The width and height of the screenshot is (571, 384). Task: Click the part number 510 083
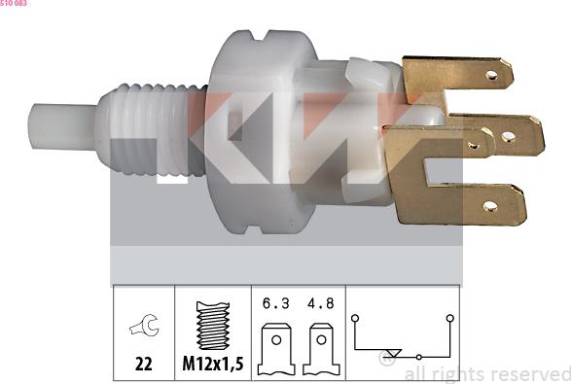(x=14, y=4)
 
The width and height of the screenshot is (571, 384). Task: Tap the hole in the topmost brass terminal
(x=492, y=74)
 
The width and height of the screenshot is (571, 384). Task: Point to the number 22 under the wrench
(x=143, y=365)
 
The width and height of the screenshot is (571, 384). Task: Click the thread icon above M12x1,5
(x=211, y=326)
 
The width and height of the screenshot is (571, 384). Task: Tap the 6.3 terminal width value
(x=274, y=303)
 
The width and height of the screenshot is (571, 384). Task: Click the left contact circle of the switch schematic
(x=357, y=317)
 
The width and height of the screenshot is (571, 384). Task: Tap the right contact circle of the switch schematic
(x=449, y=317)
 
